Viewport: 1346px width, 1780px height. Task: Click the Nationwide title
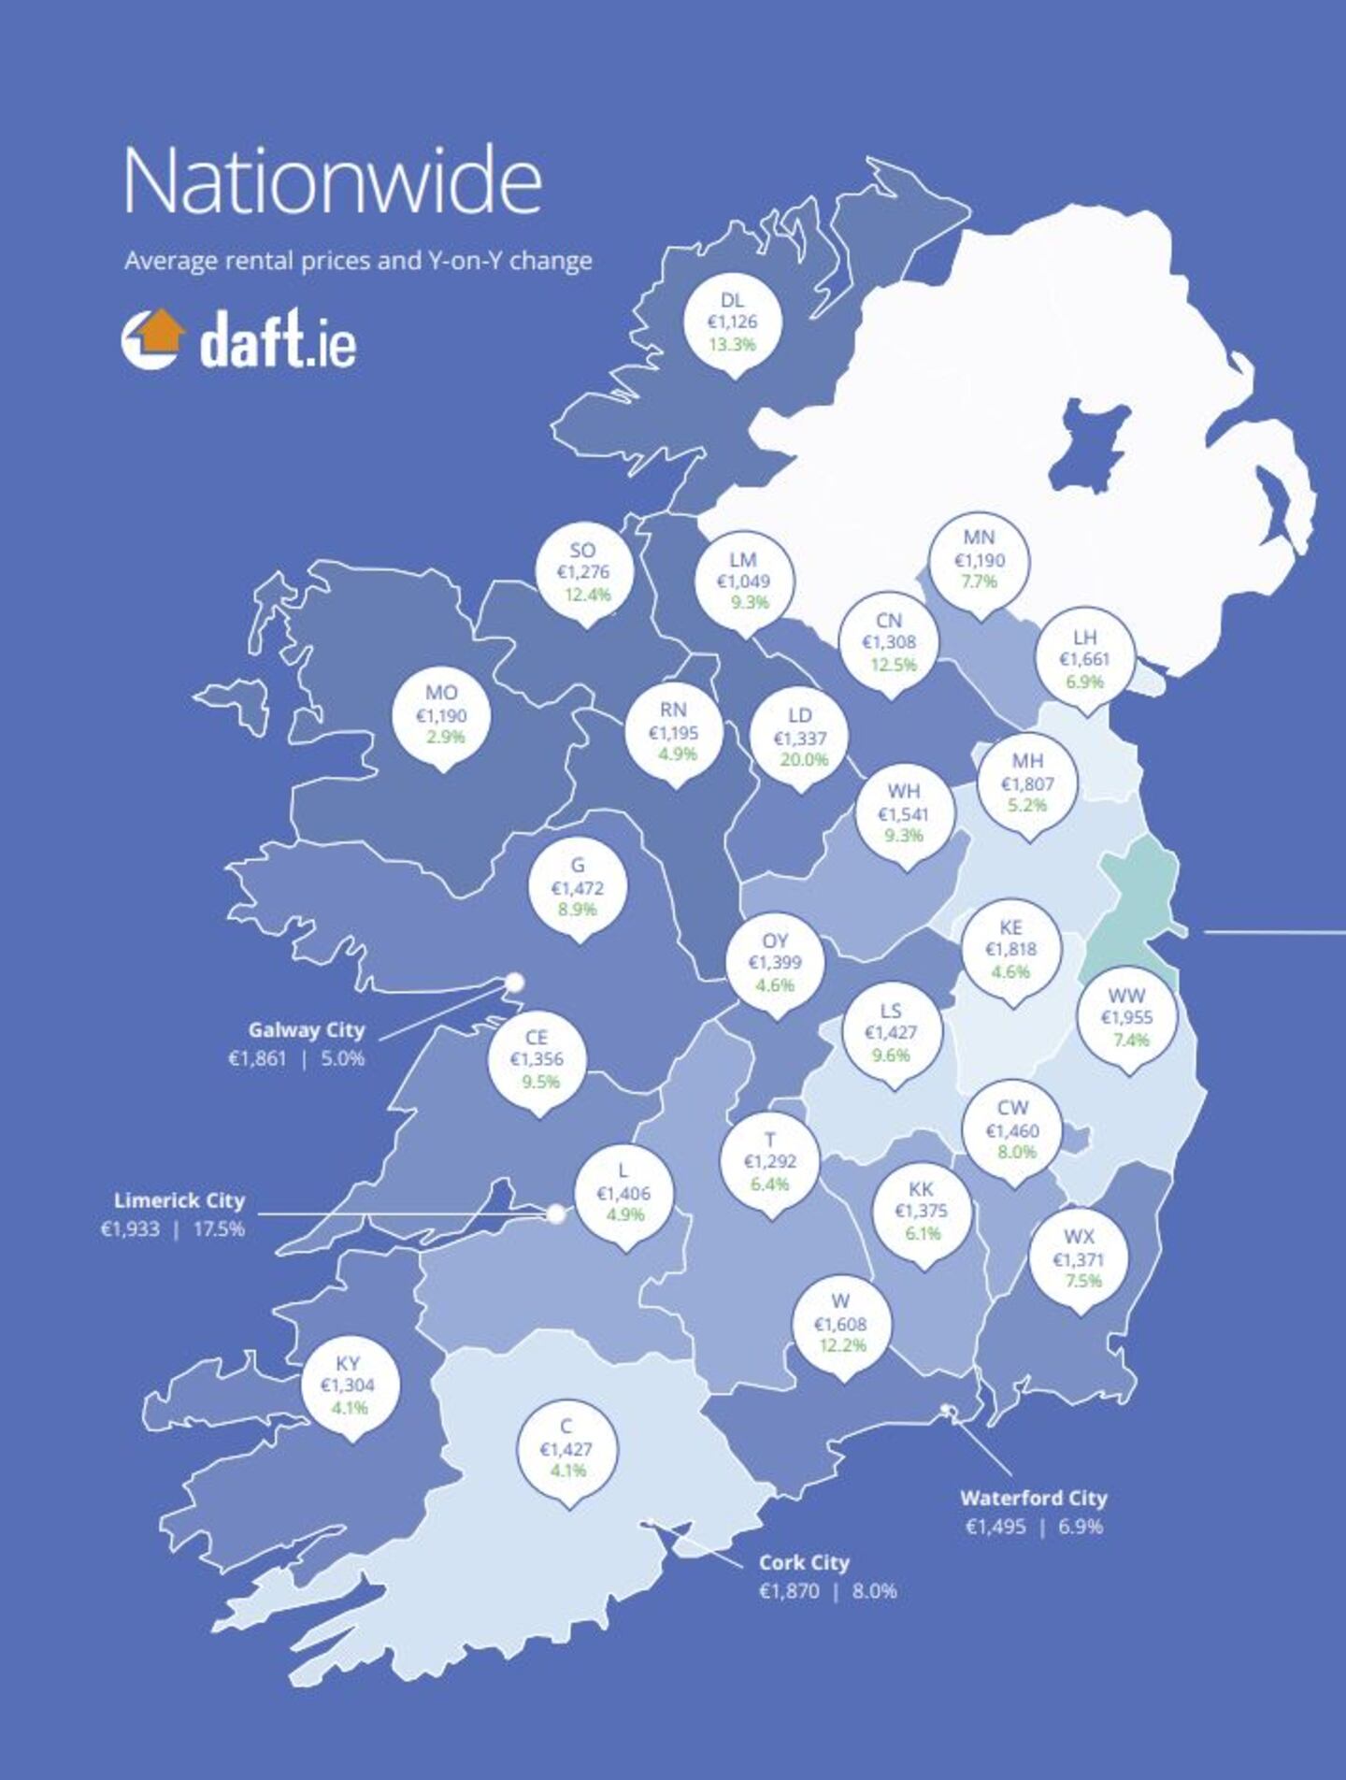click(x=332, y=181)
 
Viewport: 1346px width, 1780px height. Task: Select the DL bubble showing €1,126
click(x=733, y=322)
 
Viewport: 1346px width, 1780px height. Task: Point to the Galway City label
click(x=307, y=1029)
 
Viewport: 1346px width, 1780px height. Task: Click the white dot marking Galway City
click(x=514, y=982)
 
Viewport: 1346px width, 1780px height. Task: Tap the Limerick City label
click(x=179, y=1200)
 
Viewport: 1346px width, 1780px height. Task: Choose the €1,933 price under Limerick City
click(x=130, y=1228)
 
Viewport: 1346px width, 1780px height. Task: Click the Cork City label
click(x=804, y=1562)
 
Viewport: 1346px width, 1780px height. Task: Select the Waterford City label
click(x=1034, y=1498)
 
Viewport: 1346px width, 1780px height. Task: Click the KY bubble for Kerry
click(x=349, y=1385)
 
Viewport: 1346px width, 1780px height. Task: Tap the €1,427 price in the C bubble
click(x=566, y=1449)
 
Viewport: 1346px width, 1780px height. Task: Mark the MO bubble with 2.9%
click(x=441, y=715)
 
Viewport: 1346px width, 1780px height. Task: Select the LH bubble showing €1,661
click(x=1084, y=659)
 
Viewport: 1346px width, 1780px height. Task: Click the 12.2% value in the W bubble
click(x=843, y=1345)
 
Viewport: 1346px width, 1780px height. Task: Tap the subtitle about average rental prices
click(x=358, y=260)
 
